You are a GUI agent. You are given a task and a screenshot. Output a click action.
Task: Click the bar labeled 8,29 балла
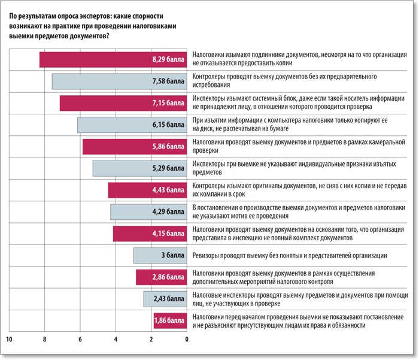[114, 60]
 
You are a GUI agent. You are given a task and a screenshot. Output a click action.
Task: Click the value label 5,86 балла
[168, 147]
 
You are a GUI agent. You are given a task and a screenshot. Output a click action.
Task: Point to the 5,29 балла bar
[140, 168]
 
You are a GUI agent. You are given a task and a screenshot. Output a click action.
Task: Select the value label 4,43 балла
[168, 190]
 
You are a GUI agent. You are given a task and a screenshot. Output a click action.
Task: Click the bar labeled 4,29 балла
[149, 212]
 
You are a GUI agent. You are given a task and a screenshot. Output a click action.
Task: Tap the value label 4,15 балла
[168, 234]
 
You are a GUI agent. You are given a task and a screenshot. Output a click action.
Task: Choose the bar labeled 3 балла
[160, 256]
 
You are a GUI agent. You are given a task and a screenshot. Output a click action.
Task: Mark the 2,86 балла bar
[162, 277]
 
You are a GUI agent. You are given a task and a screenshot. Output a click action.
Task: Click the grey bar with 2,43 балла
[165, 299]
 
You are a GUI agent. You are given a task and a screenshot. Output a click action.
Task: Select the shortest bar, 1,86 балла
[171, 320]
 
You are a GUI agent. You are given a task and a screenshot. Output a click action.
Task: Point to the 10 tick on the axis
[9, 340]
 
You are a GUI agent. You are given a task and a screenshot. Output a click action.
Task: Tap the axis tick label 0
[187, 340]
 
